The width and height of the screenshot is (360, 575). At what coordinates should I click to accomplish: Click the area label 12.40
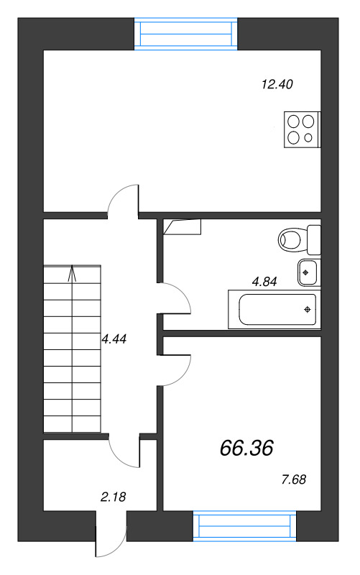point(277,84)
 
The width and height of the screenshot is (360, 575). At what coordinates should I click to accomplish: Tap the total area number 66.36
point(246,448)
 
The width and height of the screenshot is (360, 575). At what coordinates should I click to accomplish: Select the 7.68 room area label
point(294,479)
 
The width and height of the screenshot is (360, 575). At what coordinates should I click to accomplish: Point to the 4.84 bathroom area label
point(264,282)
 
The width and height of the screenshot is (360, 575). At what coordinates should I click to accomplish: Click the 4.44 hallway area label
point(114,339)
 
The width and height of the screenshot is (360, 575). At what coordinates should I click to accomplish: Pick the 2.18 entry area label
point(114,497)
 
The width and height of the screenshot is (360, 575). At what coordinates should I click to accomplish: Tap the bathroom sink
point(308,272)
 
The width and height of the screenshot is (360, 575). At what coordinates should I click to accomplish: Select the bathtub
point(274,310)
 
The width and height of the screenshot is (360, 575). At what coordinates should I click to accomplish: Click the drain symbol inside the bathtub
point(308,310)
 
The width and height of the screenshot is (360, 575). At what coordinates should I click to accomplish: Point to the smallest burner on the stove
point(308,137)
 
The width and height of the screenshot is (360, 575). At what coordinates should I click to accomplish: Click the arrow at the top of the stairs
point(73,274)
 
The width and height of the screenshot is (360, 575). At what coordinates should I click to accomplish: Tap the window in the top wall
point(186,34)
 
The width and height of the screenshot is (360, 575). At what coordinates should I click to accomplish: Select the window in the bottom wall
point(244,526)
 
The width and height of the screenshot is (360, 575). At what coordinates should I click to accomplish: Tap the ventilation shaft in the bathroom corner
point(183,227)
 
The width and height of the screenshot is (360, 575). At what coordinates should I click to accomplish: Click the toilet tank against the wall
point(314,240)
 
